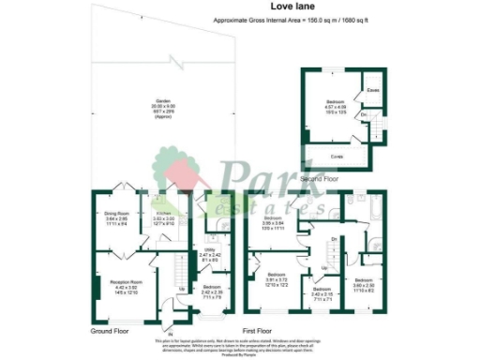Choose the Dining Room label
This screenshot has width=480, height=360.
117,217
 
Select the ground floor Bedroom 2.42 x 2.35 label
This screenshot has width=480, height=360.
212,291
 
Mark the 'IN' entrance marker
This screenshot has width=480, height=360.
171,331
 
